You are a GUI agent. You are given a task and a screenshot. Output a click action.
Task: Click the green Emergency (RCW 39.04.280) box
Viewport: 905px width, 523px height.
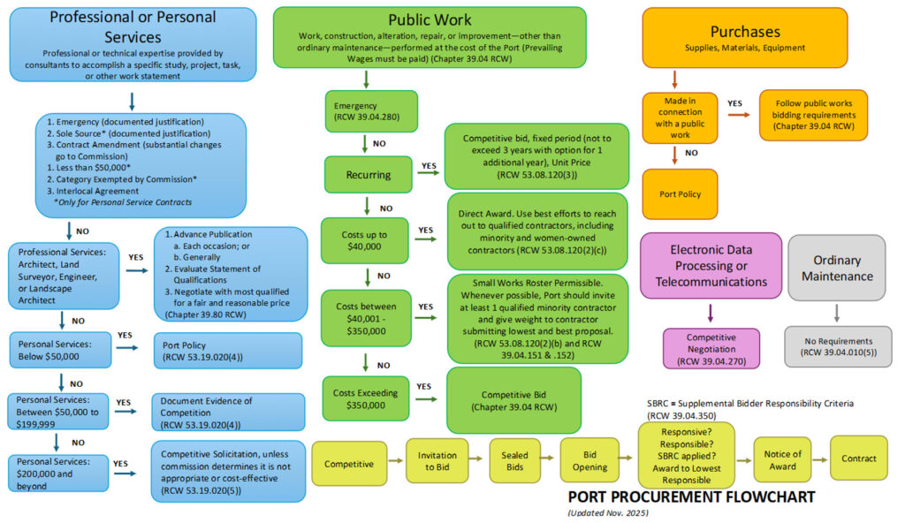click(365, 111)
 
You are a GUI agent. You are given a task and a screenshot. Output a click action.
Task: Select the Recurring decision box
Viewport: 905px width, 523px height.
click(367, 174)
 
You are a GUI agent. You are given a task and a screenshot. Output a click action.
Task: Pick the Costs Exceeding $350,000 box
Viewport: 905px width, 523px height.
click(365, 398)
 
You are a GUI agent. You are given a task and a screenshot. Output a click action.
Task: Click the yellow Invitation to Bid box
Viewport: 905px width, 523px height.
click(437, 460)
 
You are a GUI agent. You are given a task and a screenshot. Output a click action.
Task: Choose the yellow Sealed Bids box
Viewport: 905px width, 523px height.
click(514, 460)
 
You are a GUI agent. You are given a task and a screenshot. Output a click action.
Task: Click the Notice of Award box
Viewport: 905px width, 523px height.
click(783, 460)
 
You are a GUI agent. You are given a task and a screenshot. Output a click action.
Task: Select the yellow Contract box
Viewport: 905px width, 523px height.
click(858, 458)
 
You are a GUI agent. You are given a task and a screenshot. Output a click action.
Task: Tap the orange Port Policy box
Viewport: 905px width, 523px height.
click(680, 193)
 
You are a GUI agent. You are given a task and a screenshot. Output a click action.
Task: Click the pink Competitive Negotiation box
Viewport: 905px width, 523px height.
click(711, 347)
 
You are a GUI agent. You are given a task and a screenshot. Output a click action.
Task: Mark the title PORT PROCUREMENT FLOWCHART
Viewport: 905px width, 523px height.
click(690, 496)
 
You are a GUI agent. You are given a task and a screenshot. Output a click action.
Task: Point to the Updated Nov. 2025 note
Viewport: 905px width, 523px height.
click(608, 512)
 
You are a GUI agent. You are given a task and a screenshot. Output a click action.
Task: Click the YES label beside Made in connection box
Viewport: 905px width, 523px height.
click(734, 102)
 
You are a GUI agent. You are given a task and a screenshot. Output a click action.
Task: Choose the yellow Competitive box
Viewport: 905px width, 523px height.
click(348, 463)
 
